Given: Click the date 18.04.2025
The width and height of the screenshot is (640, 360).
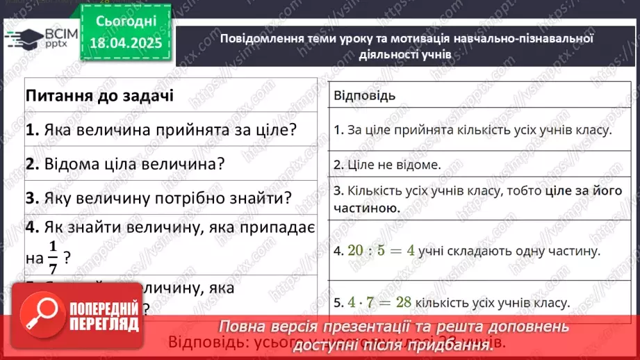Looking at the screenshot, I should [129, 44].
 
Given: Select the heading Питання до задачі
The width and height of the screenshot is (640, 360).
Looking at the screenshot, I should [99, 95].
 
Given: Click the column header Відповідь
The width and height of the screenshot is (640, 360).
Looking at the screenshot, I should [365, 95].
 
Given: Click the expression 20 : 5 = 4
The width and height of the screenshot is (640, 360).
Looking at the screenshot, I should [382, 250].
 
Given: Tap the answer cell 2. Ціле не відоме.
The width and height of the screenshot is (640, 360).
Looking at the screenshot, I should [387, 165].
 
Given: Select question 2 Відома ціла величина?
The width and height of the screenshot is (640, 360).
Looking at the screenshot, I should [125, 164].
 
